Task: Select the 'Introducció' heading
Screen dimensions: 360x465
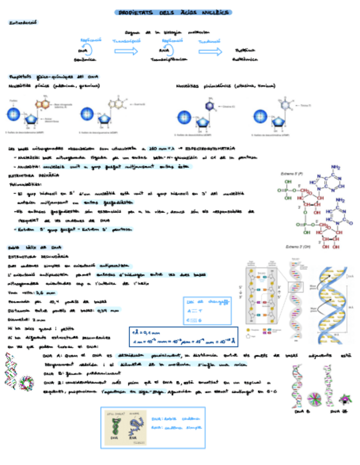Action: (x=23, y=23)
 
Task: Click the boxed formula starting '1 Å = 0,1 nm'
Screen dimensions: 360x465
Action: (x=184, y=336)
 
